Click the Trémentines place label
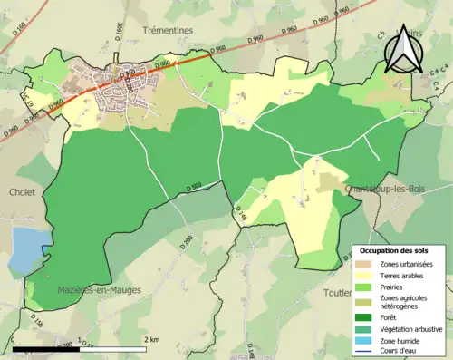(169, 30)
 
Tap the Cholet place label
(22, 192)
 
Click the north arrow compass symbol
(401, 48)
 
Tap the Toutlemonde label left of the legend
(338, 293)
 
